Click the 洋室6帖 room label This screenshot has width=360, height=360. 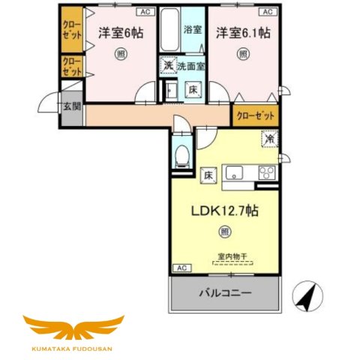[120, 32]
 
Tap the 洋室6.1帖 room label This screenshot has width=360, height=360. [243, 32]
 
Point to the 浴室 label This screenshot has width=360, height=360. [193, 30]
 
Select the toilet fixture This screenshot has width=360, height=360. [180, 156]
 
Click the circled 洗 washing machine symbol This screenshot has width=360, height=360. [167, 66]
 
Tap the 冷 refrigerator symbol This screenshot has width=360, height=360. [268, 139]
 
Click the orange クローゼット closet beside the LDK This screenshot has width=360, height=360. [255, 116]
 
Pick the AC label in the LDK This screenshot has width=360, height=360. [181, 267]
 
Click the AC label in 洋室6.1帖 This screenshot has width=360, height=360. [266, 13]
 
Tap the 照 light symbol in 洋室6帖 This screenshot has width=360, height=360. [121, 54]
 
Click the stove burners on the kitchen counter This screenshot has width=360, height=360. [266, 172]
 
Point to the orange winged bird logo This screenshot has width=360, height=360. [73, 329]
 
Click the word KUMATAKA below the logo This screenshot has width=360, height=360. [54, 349]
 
